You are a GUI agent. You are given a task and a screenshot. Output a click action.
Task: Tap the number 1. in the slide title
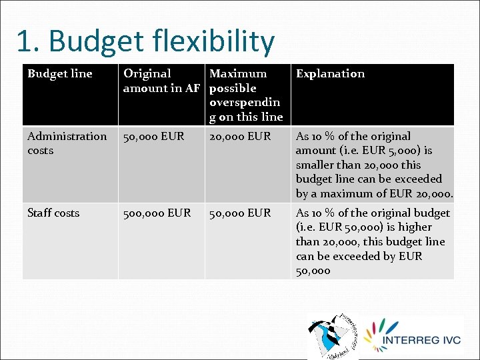27,41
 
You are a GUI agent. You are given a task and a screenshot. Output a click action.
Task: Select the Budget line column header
60,73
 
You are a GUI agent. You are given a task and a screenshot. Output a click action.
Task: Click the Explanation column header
330,73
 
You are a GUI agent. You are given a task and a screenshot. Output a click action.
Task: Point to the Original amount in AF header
162,81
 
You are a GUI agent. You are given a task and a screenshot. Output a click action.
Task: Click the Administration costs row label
67,143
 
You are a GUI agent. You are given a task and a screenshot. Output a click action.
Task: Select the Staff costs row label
53,213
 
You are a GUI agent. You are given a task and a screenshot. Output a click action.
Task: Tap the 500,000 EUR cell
157,213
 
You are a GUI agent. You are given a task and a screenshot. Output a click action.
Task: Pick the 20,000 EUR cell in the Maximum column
240,136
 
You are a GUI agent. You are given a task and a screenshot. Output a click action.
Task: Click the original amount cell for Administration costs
154,136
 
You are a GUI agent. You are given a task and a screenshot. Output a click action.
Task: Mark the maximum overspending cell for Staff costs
240,213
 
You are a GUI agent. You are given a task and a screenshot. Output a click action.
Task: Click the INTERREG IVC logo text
421,340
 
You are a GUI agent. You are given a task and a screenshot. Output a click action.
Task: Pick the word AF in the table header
192,88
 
